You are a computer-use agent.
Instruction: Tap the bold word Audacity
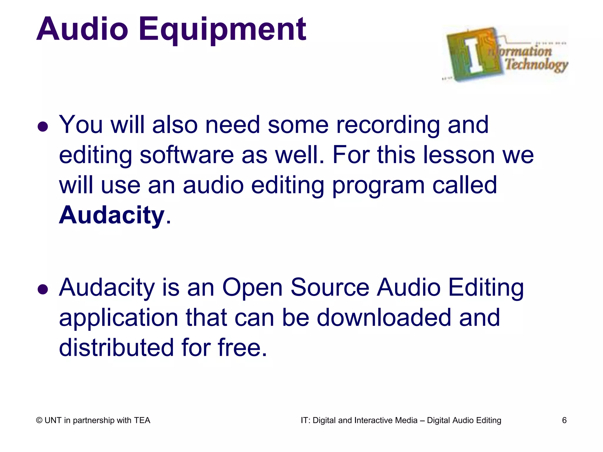point(112,215)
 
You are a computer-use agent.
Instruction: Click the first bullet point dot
point(43,127)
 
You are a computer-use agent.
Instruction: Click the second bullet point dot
point(43,289)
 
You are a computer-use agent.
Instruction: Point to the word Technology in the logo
point(536,64)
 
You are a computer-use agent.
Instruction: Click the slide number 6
point(564,420)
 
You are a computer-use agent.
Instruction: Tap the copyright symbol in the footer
point(39,421)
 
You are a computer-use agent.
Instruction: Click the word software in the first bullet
point(186,155)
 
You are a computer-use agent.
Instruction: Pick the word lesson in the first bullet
point(459,155)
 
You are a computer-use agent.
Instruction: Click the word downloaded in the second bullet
point(384,318)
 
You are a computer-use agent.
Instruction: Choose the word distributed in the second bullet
point(116,348)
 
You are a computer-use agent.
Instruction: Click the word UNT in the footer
point(53,420)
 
